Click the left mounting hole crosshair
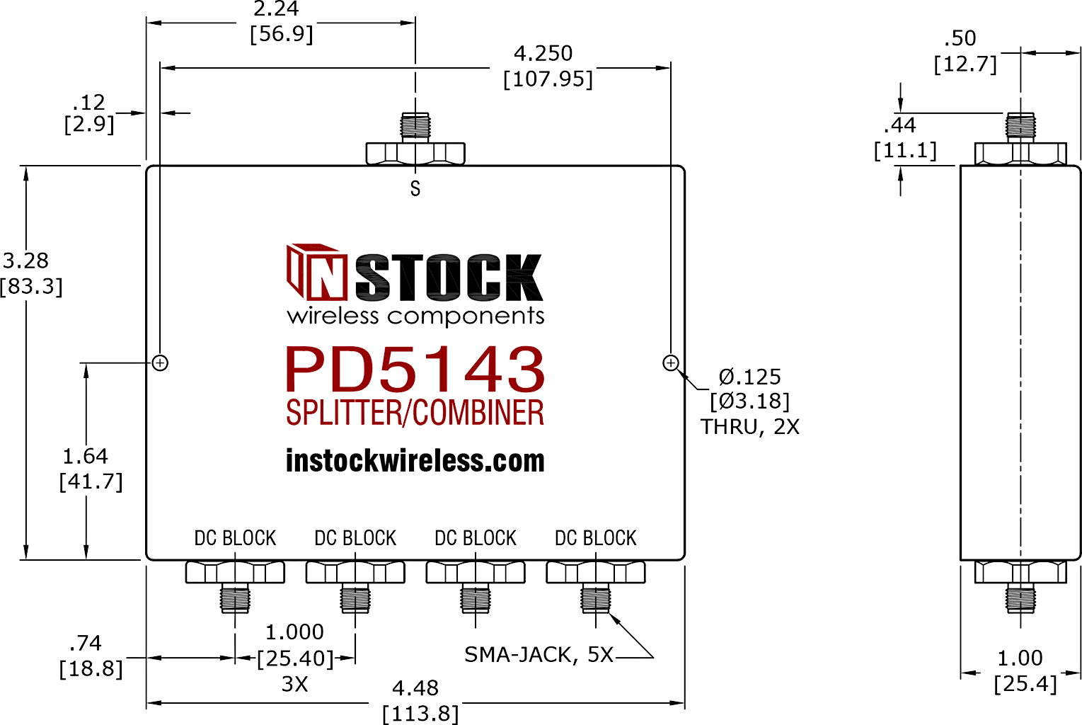[160, 363]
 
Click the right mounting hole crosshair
[670, 363]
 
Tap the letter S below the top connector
[415, 188]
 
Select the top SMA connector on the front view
[415, 139]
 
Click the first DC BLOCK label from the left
[235, 538]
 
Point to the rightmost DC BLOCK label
[596, 538]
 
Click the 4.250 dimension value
[543, 53]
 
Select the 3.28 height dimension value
[25, 261]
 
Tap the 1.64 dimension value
[86, 456]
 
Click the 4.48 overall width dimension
[415, 687]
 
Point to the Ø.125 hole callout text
[749, 377]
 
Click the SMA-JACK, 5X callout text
[539, 655]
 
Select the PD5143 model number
[415, 370]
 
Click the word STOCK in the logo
[449, 277]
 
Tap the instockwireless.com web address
[415, 461]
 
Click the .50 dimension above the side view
[960, 38]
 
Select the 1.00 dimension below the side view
[1020, 658]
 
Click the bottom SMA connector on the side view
[1020, 587]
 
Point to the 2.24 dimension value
[276, 8]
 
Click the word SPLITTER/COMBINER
[415, 413]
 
